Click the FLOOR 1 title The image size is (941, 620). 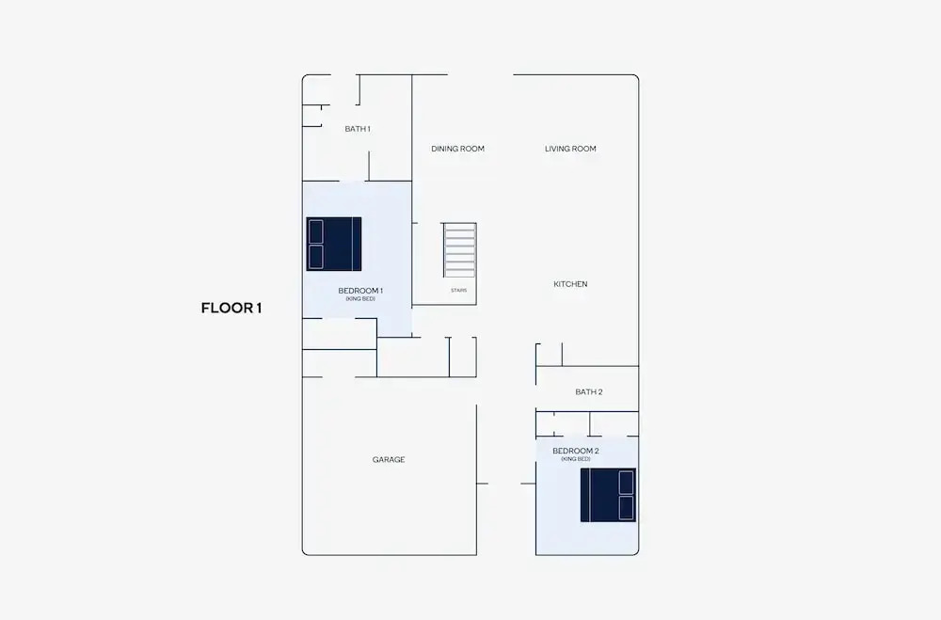231,309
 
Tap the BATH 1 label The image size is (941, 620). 358,129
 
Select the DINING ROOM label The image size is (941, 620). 458,149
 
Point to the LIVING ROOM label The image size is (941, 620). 571,149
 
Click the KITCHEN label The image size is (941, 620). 571,284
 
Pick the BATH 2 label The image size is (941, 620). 589,392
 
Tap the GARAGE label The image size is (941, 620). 389,460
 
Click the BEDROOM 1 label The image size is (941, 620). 360,291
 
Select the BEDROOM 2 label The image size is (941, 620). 576,451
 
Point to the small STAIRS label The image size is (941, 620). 458,291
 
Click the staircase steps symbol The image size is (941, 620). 460,249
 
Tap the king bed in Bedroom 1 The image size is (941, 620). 334,245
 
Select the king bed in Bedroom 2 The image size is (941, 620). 608,495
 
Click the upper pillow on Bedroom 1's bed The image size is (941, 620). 315,231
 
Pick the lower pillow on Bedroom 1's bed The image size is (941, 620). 315,257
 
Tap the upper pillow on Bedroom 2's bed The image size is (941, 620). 627,483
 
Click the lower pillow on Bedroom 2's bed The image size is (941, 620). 627,508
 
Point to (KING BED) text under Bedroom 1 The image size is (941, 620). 360,299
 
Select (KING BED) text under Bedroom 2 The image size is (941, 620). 576,459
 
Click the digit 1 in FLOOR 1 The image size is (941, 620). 259,309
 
